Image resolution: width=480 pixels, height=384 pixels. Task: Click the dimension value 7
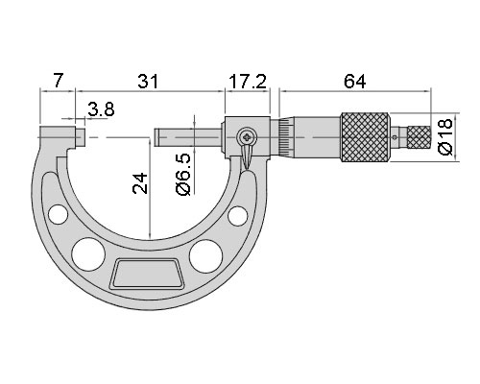click(58, 81)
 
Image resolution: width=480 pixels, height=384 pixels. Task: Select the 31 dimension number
click(148, 82)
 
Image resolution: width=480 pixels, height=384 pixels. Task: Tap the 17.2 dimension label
click(248, 82)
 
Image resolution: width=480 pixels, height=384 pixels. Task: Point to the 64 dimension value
click(354, 82)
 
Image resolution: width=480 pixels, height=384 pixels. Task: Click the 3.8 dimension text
click(101, 109)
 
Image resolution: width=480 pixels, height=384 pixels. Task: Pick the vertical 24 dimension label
click(140, 183)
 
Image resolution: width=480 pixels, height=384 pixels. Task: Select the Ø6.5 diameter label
click(183, 175)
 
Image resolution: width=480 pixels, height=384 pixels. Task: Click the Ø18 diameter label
click(445, 136)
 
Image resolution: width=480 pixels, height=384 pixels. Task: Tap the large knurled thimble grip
click(365, 137)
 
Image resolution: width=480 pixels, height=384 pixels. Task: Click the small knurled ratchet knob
click(419, 137)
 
